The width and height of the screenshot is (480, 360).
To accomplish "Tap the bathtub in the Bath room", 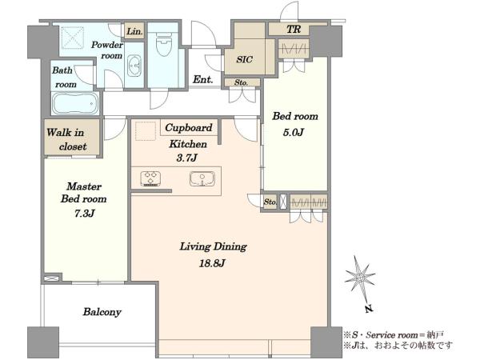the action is coord(75,103).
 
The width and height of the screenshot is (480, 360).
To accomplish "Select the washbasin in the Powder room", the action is coord(134,66).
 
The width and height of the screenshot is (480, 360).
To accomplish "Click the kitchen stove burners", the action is coord(150,178).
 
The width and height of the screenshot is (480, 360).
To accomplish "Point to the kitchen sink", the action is coord(202,178).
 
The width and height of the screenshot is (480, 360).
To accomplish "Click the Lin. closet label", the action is coord(134,31).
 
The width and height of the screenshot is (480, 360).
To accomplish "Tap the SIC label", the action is coord(244,59).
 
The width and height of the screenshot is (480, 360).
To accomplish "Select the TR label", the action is coord(294,30).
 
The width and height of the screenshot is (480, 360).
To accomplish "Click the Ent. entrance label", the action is coord(202,79).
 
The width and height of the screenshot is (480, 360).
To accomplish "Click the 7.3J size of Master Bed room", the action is coord(84,213).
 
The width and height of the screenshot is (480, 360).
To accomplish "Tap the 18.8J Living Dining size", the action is coord(212,263).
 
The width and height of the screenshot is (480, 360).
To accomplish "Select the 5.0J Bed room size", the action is coord(294,132).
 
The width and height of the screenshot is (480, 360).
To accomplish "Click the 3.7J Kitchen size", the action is coord(186,158).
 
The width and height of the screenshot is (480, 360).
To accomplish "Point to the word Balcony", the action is coord(102,312).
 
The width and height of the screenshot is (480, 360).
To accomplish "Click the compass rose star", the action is coord(359,278).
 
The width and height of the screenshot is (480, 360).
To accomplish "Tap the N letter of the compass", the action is coord(369,309).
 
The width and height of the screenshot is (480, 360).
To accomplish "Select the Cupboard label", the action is coord(189,128).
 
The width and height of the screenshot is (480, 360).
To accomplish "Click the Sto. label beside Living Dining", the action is coord(270,202).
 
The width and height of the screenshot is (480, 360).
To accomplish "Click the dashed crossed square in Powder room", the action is coord(73,38).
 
